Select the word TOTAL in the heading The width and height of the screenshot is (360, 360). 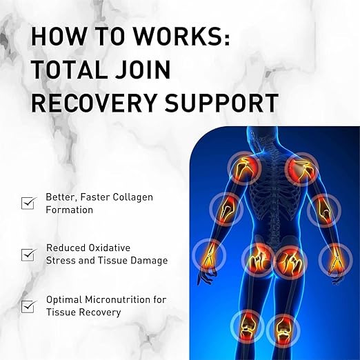[x=69, y=69]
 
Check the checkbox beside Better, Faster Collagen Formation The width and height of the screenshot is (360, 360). [x=28, y=203]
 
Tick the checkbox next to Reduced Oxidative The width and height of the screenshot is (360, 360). [x=28, y=254]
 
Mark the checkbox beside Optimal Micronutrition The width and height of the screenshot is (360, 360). [x=28, y=306]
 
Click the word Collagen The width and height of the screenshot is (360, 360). [x=133, y=198]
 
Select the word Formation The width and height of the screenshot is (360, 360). [x=69, y=210]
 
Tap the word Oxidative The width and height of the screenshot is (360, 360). [x=110, y=248]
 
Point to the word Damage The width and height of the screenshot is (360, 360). [x=149, y=261]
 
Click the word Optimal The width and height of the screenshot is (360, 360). [x=64, y=300]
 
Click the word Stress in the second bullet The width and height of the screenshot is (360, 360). [x=59, y=261]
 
